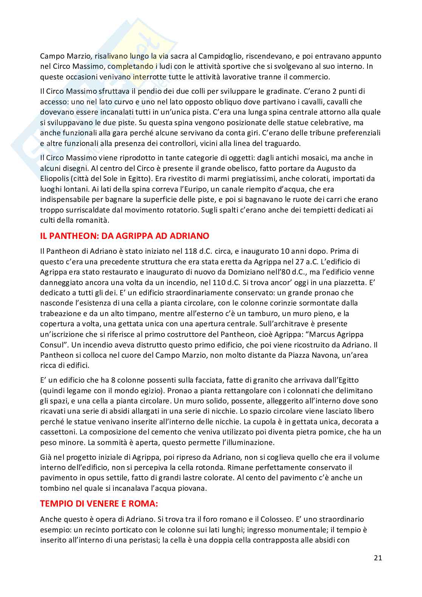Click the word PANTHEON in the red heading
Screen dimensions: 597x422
coord(71,236)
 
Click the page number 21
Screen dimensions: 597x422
coord(378,558)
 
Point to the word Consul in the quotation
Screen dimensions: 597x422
coord(52,345)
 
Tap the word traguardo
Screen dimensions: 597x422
coord(281,143)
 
